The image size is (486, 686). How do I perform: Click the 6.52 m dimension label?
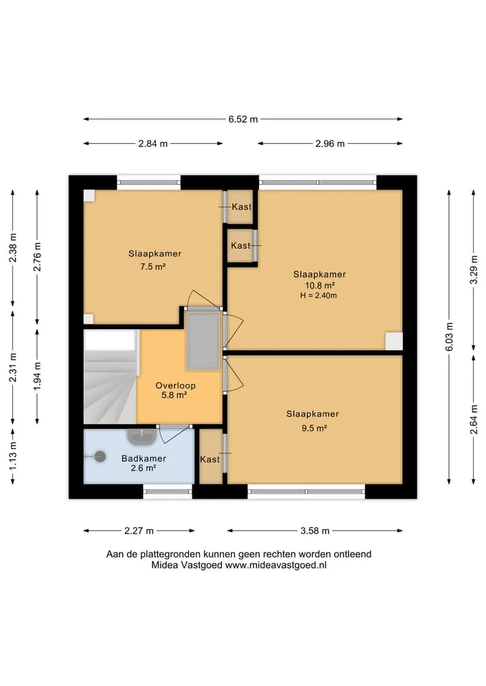coord(243,119)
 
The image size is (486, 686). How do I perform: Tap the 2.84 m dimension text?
coord(153,144)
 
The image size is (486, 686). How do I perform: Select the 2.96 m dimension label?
coord(330,144)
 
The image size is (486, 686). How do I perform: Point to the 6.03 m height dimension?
coord(450,337)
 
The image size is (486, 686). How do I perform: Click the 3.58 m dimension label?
coord(315,531)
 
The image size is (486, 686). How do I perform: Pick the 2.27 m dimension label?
coord(139,531)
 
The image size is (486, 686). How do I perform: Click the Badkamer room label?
coord(144,459)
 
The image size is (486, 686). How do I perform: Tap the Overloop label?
coord(175,385)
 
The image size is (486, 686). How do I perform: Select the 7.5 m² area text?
coord(153,266)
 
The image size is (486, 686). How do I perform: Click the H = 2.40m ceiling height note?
coord(319,295)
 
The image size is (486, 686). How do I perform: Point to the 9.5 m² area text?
coord(314,428)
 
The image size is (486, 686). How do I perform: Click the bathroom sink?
coord(142,436)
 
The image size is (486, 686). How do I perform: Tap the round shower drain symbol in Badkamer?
coord(101,456)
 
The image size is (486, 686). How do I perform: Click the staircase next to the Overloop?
coord(110,376)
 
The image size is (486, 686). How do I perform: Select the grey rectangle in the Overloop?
coord(203,340)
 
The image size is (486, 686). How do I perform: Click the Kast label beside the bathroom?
coord(210,459)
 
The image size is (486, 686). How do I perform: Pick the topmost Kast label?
coord(242,206)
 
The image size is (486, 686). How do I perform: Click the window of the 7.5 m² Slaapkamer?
coord(149,182)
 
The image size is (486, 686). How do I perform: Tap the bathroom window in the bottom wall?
coord(167,491)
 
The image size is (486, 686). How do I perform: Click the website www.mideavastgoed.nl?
coord(276,565)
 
